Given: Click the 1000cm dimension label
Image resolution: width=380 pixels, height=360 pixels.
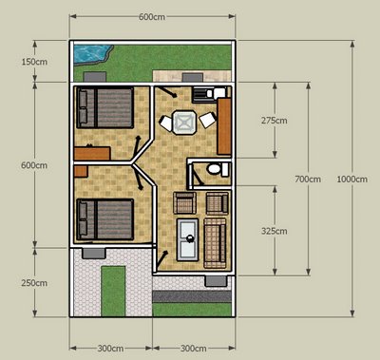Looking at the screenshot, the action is click(351, 180).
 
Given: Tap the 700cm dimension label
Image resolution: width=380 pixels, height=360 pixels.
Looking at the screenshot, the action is click(308, 180).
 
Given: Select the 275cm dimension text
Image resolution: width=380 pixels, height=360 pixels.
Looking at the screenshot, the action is click(275, 121).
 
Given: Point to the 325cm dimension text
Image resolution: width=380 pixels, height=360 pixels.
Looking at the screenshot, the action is click(275, 231).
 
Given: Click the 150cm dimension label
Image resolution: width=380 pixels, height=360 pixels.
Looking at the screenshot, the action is click(34, 62).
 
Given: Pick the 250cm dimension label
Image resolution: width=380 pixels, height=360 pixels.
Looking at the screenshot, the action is click(34, 283).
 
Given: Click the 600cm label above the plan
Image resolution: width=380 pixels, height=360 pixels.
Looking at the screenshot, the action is click(152, 17).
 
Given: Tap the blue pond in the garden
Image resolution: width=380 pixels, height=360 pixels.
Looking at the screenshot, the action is click(90, 53).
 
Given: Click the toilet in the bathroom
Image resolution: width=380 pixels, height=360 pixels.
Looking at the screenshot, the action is click(218, 169).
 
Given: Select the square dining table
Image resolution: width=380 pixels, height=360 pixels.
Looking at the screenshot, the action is click(184, 122).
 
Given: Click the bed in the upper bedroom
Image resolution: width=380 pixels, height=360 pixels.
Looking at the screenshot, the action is click(105, 107).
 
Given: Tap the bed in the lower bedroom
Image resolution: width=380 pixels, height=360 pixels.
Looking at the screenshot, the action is click(105, 219).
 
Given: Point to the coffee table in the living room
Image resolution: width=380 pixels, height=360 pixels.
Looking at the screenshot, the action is click(187, 239).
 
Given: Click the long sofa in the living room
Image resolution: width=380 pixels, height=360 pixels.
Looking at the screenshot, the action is click(215, 243).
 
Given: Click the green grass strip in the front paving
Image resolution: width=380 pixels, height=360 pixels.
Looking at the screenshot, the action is click(113, 291).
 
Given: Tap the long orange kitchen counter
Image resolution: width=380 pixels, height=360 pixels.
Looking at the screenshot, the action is click(224, 126).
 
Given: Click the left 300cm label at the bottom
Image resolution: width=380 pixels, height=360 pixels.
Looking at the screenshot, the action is click(110, 349).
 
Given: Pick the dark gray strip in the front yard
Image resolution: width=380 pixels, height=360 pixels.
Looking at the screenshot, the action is click(192, 296).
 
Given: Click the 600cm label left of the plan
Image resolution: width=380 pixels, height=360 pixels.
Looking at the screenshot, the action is click(34, 165).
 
